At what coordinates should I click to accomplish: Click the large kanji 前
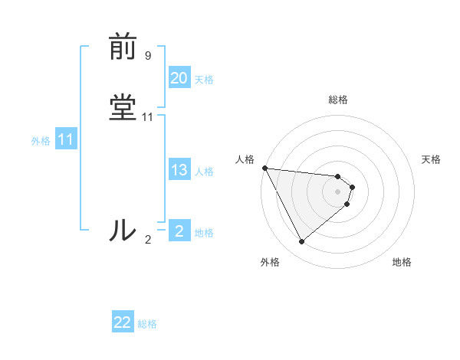pos(123,47)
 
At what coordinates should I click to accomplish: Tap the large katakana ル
pos(123,230)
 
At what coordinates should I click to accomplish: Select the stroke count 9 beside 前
pos(147,55)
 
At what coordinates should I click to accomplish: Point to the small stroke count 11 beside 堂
pos(148,117)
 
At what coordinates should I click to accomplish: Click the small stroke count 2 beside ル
pos(147,239)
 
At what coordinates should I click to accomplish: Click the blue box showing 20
pos(179,78)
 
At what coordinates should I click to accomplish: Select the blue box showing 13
pos(179,171)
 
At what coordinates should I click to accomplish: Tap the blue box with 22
pos(123,323)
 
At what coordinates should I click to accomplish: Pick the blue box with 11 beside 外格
pos(65,140)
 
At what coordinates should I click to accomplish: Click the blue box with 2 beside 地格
pos(179,231)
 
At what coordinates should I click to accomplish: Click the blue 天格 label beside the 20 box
pos(204,79)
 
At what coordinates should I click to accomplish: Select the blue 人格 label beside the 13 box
pos(204,172)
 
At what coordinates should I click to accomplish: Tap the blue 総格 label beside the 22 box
pos(147,324)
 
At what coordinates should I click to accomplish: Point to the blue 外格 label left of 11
pos(41,141)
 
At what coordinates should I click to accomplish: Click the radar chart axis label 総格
pos(338,100)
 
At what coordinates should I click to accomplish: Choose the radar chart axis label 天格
pos(431,159)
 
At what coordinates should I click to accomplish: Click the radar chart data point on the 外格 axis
pos(301,242)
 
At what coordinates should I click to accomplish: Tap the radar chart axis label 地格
pos(402,262)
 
